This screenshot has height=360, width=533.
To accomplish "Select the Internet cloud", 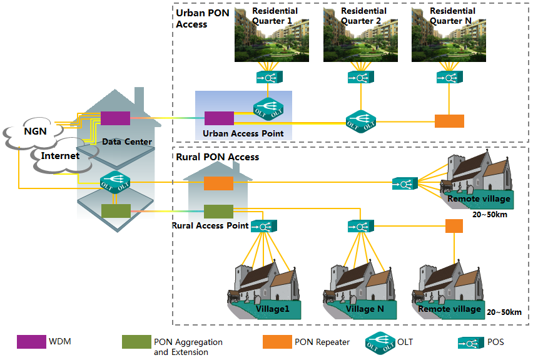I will (x=60, y=155).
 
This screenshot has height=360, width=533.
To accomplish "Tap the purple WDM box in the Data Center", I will (x=115, y=118).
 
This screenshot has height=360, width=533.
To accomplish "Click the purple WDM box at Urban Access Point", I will (x=219, y=118).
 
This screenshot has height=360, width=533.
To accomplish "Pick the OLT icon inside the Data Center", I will (x=114, y=181).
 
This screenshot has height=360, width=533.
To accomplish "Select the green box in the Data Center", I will (x=116, y=211).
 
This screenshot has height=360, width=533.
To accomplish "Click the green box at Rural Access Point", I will (x=219, y=211).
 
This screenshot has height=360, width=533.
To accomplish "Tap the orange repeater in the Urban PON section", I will (x=449, y=121).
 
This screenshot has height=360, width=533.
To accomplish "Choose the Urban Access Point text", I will (x=243, y=133).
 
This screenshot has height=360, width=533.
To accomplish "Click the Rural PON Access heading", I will (x=217, y=157).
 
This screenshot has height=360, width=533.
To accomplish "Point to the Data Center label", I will (x=127, y=141).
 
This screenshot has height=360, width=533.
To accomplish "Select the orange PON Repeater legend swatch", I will (x=277, y=342).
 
